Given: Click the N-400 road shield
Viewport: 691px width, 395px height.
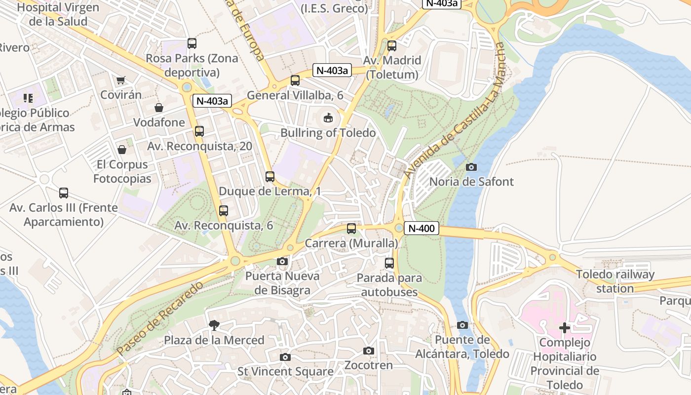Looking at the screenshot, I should tap(422, 228).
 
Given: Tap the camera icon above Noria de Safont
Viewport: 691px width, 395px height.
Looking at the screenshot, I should tap(471, 167).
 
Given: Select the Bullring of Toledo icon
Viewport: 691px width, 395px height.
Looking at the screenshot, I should tap(328, 118).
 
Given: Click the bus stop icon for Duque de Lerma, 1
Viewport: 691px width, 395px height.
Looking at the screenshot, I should tap(269, 176).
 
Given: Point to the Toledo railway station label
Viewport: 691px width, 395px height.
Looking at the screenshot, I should tap(615, 281).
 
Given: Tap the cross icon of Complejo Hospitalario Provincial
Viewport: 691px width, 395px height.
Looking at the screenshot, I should tap(565, 327).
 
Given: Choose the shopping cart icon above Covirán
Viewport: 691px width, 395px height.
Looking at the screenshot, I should tap(120, 80).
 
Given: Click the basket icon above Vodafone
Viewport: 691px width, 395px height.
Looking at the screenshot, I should tap(159, 107).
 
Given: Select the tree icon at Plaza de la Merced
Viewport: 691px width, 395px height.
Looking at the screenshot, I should tap(214, 325).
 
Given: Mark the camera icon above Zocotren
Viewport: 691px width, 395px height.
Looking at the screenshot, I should tap(368, 351).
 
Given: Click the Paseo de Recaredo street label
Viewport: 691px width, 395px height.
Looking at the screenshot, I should tap(160, 318).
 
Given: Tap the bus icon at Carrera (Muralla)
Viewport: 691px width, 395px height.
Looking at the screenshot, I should tap(351, 228).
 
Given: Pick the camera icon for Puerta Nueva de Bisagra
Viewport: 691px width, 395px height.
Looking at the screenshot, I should tap(282, 261).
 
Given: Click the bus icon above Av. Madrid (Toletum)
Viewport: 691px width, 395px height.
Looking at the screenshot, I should tap(392, 45).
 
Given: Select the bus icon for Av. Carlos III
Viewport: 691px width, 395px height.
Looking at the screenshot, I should tap(64, 193).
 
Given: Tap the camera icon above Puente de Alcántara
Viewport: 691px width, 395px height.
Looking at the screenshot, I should tap(462, 325).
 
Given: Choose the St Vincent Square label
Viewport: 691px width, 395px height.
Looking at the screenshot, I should tap(285, 371).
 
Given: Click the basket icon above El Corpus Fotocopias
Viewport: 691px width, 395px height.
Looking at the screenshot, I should tap(122, 149).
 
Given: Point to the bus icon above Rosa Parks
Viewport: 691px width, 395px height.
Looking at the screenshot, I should tap(192, 43).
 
